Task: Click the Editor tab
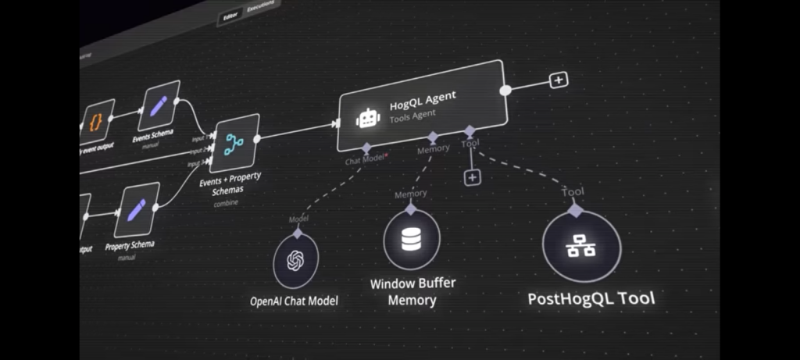pyautogui.click(x=231, y=16)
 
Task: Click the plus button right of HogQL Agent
pyautogui.click(x=558, y=80)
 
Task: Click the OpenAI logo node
pyautogui.click(x=296, y=260)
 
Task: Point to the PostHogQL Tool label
pyautogui.click(x=591, y=298)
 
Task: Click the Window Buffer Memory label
pyautogui.click(x=412, y=290)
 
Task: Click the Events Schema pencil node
pyautogui.click(x=159, y=105)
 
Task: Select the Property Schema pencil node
pyautogui.click(x=137, y=209)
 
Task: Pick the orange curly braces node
pyautogui.click(x=98, y=121)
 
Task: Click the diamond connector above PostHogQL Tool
pyautogui.click(x=575, y=209)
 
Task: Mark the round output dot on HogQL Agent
pyautogui.click(x=505, y=91)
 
